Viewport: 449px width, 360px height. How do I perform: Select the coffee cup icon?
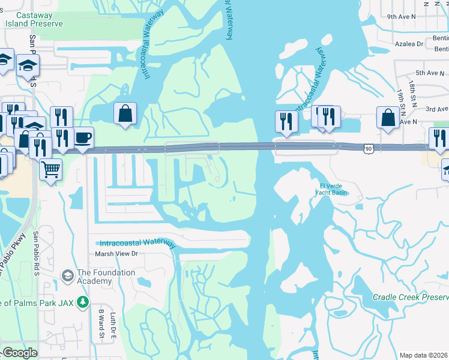[x=82, y=137]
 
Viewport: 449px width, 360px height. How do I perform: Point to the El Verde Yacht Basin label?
[x=331, y=189]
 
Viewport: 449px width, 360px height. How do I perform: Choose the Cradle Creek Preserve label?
[x=411, y=297]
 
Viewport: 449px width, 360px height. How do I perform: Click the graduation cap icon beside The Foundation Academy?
[x=68, y=276]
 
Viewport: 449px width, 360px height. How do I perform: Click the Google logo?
[x=19, y=353]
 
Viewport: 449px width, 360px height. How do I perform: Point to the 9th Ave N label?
[x=418, y=17]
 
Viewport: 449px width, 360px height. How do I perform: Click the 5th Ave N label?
[x=429, y=73]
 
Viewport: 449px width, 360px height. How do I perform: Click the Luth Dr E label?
[x=112, y=325]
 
